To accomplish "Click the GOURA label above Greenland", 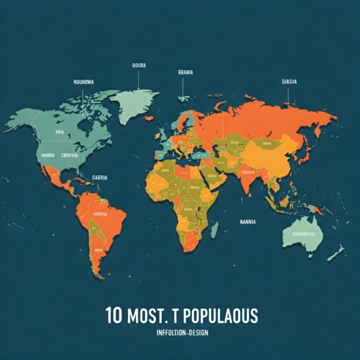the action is click(138, 65).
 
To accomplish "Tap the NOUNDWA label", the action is click(84, 82).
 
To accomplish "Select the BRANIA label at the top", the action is click(184, 73).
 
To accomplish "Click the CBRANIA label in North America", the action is click(70, 155).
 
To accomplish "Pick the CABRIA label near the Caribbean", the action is click(99, 177).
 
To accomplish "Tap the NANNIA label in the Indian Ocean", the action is click(247, 222).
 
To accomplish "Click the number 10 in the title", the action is click(113, 316).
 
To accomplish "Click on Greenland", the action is click(136, 103).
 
